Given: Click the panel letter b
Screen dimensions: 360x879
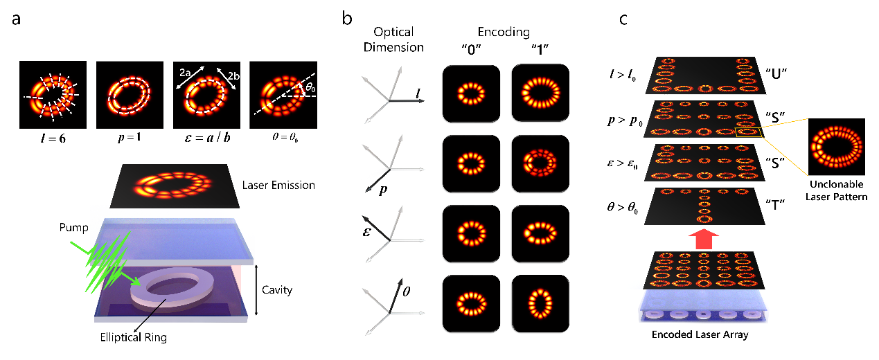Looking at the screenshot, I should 348,19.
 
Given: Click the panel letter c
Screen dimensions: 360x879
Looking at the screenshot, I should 623,19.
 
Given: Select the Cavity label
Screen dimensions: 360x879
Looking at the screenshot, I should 278,290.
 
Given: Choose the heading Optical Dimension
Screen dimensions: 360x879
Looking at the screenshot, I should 393,39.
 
